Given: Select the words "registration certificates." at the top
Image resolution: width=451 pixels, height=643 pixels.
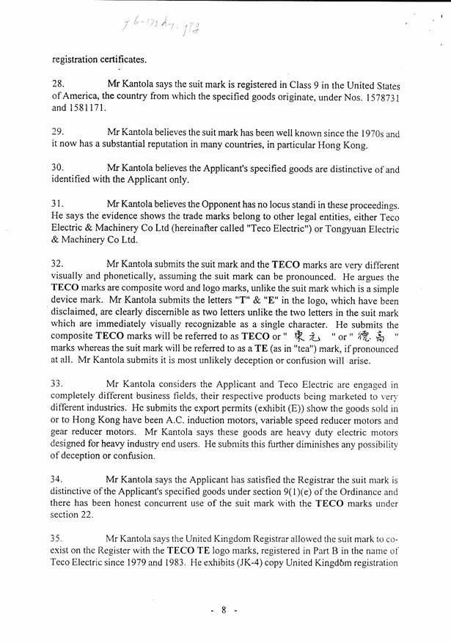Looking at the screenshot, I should [99, 58].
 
